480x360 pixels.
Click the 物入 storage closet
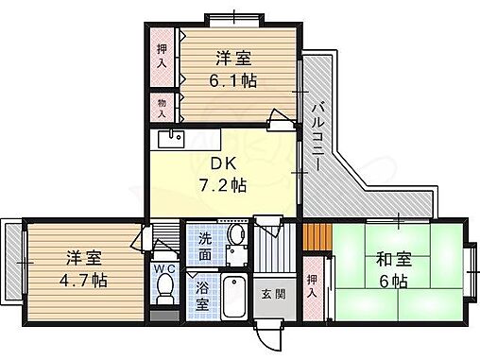coord(161,106)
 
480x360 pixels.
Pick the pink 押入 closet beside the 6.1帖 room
coord(161,56)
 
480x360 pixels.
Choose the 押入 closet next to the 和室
coord(314,285)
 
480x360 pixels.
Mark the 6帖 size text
coord(395,281)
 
